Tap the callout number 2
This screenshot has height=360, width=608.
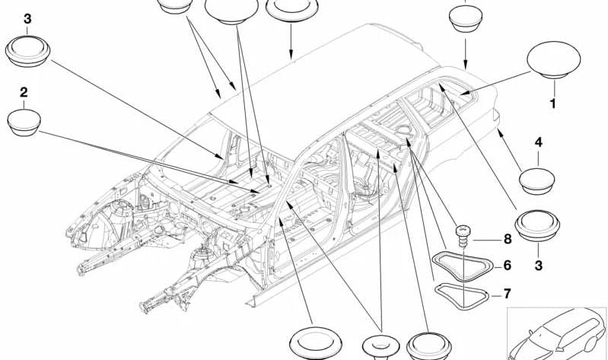click(x=24, y=92)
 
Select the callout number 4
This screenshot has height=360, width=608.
click(x=538, y=142)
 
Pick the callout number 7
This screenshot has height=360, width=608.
click(x=507, y=294)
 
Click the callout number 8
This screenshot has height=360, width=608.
click(x=507, y=238)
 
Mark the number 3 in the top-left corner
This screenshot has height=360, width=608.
click(x=28, y=18)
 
